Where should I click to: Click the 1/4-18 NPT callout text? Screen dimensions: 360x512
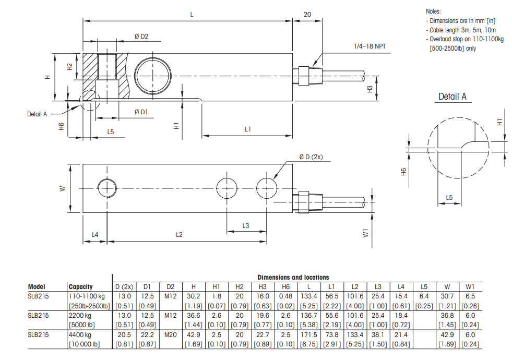click(x=369, y=46)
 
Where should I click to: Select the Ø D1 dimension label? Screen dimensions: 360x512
click(x=141, y=112)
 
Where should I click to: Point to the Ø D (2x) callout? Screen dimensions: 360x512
click(x=311, y=157)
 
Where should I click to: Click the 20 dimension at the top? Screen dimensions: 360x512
click(x=307, y=15)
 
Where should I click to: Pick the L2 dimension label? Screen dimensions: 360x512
click(x=178, y=235)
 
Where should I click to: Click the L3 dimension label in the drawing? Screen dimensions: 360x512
click(x=246, y=225)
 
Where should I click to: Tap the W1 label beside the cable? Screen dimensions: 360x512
click(x=365, y=232)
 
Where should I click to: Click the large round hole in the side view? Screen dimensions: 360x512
click(x=152, y=76)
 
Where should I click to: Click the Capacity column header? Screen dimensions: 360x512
click(x=80, y=286)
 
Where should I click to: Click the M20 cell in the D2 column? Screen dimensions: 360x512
click(x=170, y=335)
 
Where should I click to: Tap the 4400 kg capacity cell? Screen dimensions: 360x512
click(x=80, y=335)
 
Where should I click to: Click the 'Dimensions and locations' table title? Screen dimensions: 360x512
click(x=293, y=277)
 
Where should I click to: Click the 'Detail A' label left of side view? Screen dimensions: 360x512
click(x=37, y=114)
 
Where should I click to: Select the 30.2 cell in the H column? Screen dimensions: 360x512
click(x=193, y=296)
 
